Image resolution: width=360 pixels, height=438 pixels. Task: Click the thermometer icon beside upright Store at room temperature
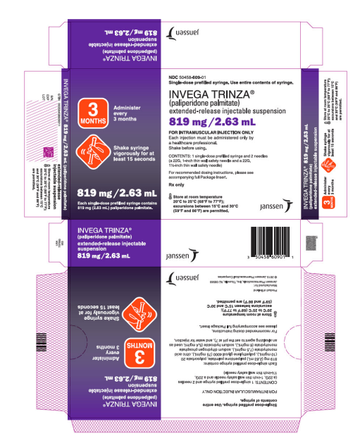point(171,196)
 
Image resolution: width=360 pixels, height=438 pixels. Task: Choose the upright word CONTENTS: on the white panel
point(180,154)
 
